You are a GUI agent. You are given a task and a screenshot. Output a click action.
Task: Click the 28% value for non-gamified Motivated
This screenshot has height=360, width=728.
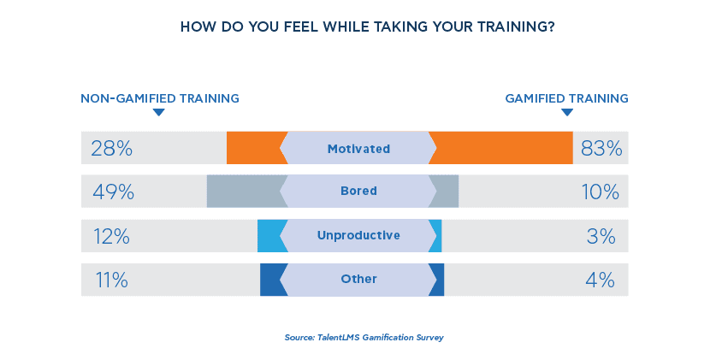(111, 148)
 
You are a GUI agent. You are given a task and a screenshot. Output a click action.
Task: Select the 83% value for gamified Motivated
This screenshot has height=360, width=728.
(601, 148)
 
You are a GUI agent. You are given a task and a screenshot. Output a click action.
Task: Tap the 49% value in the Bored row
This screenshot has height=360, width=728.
(112, 192)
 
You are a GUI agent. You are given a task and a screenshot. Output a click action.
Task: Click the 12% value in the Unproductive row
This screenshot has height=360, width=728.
(110, 236)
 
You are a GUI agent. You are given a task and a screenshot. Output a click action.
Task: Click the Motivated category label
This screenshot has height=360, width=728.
(358, 149)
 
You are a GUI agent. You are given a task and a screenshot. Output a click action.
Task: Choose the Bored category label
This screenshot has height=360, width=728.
(358, 192)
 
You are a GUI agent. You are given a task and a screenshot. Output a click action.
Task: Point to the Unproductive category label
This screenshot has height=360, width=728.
(358, 235)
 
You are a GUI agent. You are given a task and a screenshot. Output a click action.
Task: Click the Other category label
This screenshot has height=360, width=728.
(358, 280)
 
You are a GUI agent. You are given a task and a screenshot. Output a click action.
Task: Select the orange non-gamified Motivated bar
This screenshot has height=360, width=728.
(254, 148)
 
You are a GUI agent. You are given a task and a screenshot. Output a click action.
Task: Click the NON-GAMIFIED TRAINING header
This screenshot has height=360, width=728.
(160, 98)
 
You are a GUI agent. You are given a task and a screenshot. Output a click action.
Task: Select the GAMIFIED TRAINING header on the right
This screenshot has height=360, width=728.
(566, 98)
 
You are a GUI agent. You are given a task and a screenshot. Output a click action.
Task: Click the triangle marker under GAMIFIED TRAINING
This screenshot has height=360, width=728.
(566, 113)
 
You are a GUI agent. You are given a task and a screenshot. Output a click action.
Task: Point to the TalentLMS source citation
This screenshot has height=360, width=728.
(364, 337)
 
